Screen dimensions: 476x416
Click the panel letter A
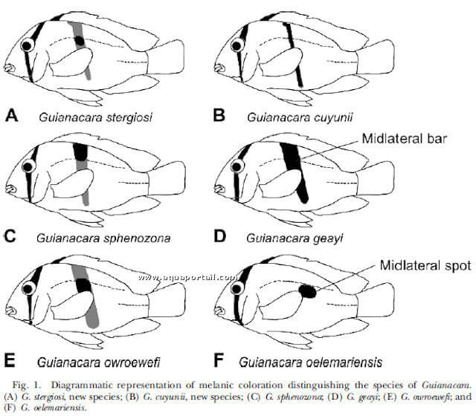[12, 116]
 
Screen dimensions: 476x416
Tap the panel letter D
[220, 236]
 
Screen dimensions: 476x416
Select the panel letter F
[219, 360]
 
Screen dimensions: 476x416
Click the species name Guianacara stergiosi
[95, 117]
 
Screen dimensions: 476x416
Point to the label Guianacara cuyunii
[300, 117]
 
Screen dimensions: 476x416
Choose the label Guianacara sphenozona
[103, 238]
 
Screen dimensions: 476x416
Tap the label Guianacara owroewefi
[98, 363]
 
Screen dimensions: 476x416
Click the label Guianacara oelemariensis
[310, 363]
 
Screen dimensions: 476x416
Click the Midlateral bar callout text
[405, 139]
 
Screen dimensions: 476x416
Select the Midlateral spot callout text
[425, 265]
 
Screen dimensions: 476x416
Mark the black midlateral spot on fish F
[307, 291]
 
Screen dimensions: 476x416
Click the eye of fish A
[27, 46]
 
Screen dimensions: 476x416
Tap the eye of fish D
[237, 166]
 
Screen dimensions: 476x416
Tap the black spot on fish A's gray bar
[80, 41]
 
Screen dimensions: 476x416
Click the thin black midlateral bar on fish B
[294, 54]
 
